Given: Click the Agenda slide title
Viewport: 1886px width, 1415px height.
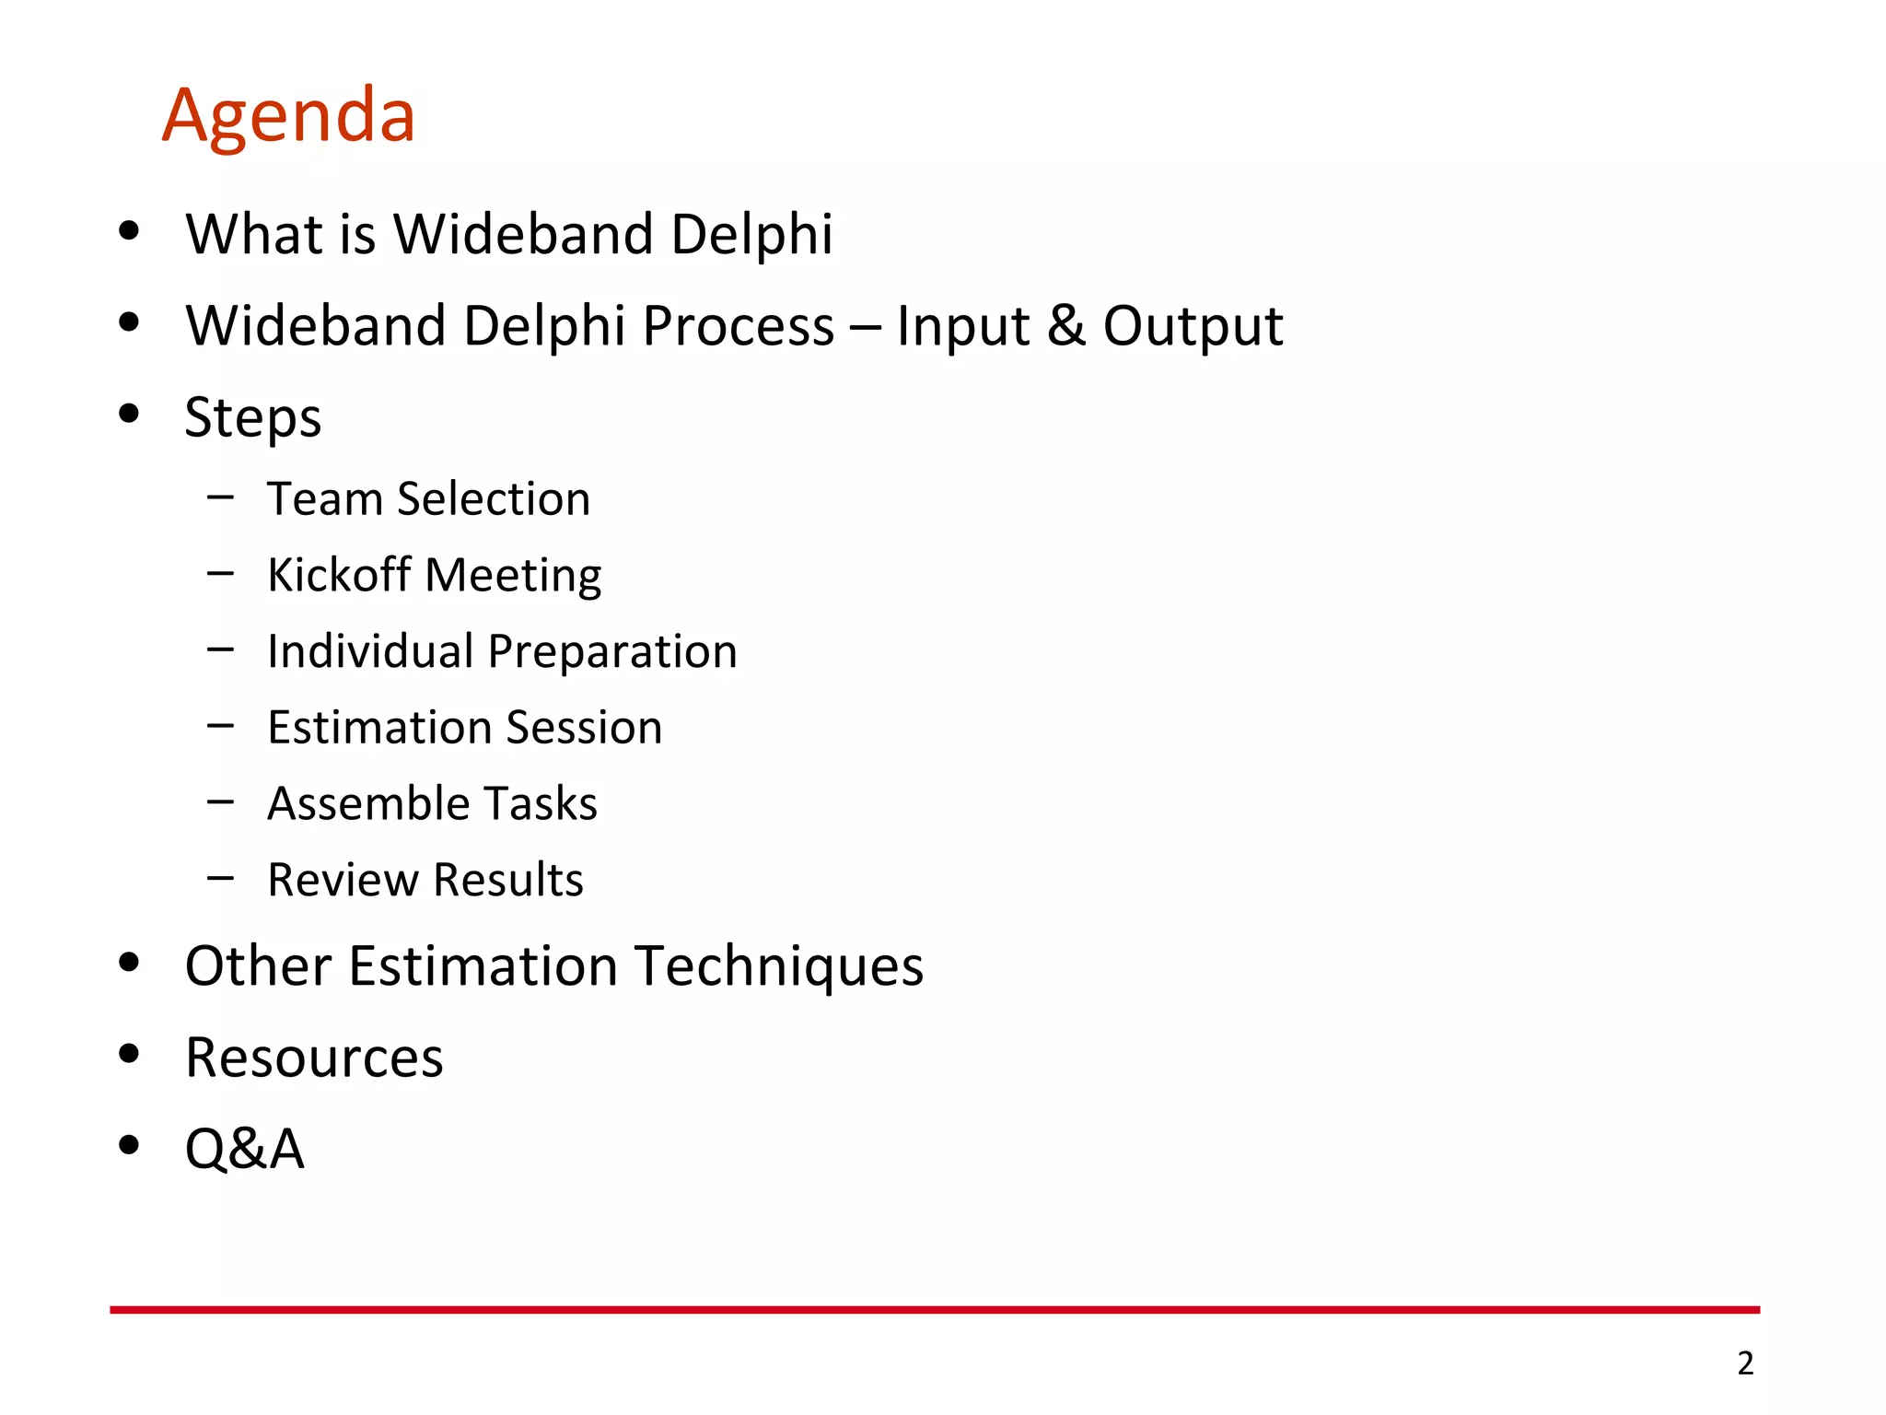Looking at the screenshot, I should click(x=288, y=117).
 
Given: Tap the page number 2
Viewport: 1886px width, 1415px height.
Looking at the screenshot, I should click(x=1745, y=1362).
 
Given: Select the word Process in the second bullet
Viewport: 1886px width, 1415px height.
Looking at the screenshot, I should click(x=738, y=326).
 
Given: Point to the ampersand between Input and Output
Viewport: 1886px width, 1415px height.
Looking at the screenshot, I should click(x=1065, y=326).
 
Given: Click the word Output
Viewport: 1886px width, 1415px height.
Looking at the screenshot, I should click(x=1193, y=326).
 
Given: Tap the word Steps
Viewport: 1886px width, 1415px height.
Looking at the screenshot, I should click(x=253, y=418).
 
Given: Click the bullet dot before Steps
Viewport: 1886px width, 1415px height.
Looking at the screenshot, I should click(x=129, y=414).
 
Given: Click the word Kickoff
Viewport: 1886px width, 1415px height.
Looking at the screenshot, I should click(x=339, y=576).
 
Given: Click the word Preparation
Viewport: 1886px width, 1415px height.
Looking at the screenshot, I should click(x=612, y=652).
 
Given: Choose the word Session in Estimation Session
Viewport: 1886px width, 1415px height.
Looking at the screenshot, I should click(x=584, y=728).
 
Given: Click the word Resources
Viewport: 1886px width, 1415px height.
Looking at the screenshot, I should click(x=314, y=1058).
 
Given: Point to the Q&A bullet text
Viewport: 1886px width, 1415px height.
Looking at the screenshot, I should click(x=244, y=1149).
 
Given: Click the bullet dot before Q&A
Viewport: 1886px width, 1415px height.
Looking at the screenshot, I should click(x=129, y=1145).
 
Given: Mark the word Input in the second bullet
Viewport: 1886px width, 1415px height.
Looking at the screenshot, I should click(x=962, y=326).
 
